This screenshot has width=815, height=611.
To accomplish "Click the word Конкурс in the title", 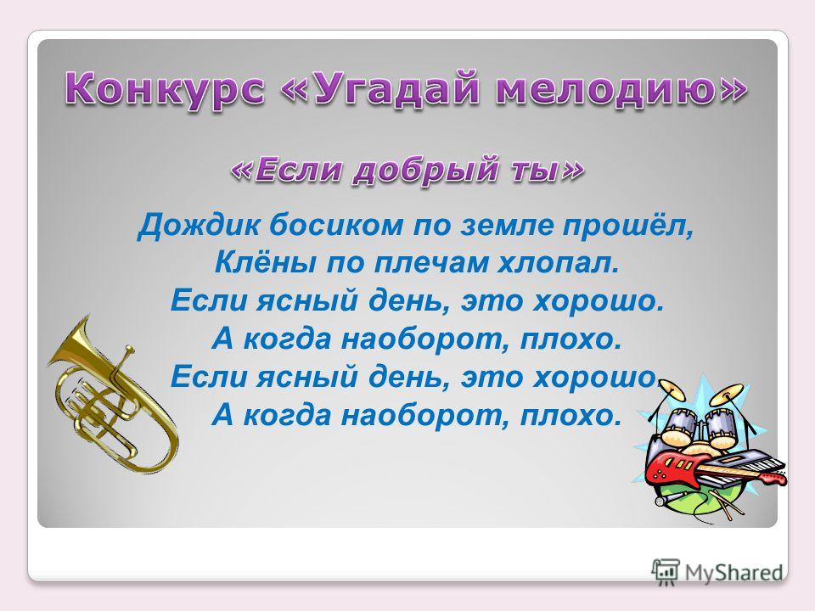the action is pos(164,89).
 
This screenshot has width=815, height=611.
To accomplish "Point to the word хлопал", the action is pos(559,264).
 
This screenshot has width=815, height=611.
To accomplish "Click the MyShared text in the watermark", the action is pos(734,573).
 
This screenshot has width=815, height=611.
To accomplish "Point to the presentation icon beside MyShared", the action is pos(666,573).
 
